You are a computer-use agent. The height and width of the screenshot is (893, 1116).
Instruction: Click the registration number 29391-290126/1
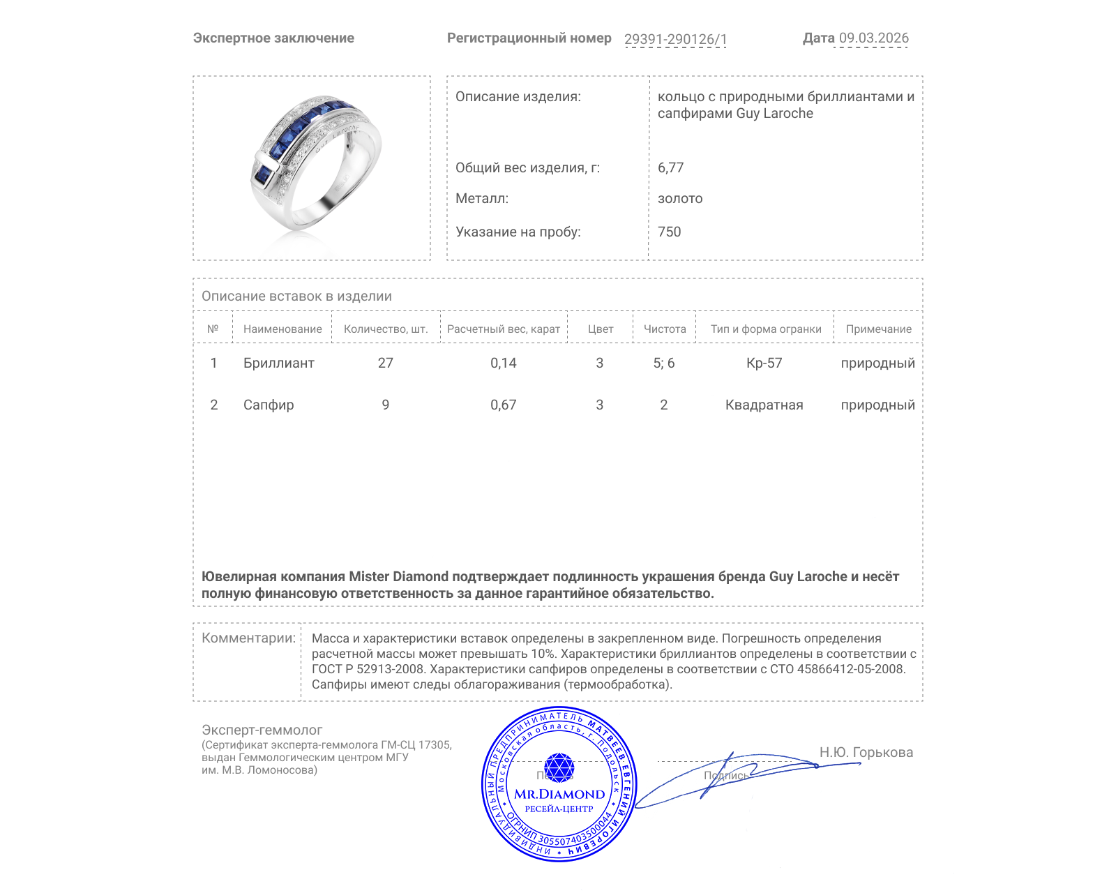tap(675, 39)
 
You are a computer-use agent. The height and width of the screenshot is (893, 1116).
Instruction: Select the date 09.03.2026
tap(873, 38)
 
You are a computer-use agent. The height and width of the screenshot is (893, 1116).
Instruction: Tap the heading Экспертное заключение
tap(273, 38)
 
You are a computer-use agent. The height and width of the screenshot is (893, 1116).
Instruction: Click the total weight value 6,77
tap(670, 167)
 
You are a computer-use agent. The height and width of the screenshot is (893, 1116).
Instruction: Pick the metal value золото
tap(680, 198)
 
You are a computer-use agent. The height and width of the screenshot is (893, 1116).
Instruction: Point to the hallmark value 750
tap(669, 232)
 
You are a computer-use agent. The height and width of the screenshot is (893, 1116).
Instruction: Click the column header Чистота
tap(664, 329)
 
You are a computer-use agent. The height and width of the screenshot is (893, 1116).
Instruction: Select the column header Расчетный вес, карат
tap(503, 329)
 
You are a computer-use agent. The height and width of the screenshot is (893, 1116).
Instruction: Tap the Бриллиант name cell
tap(278, 363)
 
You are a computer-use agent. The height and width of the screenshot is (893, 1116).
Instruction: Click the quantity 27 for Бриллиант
tap(385, 363)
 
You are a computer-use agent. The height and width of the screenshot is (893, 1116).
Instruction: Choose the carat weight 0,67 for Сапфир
tap(503, 405)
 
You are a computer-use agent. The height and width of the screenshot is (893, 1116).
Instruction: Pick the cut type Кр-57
tap(764, 363)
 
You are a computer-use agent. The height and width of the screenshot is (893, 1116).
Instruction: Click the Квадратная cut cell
tap(764, 405)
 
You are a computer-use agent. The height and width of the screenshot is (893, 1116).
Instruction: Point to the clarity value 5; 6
tap(663, 363)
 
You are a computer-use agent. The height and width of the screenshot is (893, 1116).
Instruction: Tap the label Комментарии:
tap(248, 638)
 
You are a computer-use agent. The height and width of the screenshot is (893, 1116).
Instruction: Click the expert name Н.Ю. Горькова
tap(866, 752)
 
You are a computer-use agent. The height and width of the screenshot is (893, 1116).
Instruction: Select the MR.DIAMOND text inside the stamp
tap(559, 794)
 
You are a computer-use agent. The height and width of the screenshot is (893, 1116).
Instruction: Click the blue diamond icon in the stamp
tap(559, 767)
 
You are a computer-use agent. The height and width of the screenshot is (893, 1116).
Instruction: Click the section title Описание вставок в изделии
tap(296, 296)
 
